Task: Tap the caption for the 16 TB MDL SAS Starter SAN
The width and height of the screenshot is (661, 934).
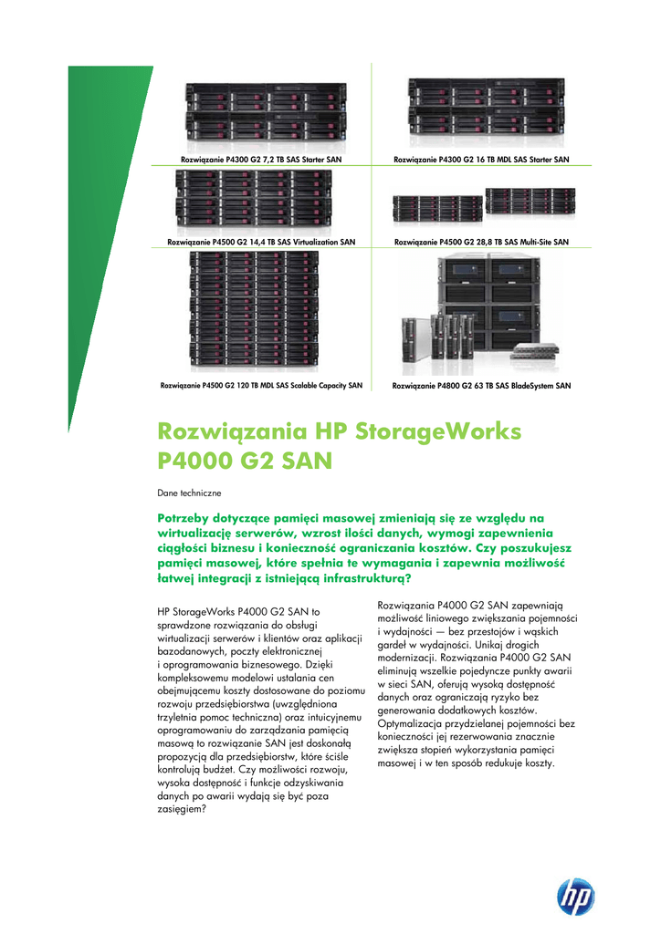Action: (481, 160)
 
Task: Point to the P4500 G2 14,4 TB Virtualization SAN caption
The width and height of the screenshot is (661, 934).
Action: (262, 242)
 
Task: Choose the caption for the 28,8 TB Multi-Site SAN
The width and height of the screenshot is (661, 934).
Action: (481, 242)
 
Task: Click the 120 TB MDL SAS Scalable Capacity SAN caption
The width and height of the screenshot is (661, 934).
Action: (262, 385)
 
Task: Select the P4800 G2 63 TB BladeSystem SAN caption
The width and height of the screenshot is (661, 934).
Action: (481, 386)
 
